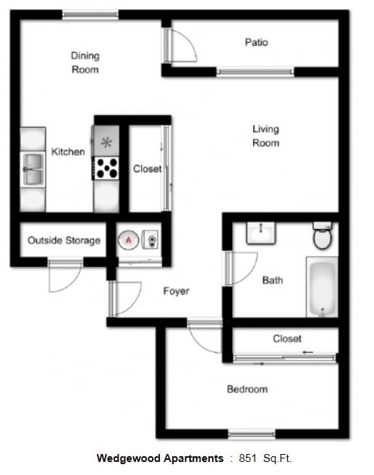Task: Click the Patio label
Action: pyautogui.click(x=256, y=43)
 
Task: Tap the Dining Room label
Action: pyautogui.click(x=85, y=62)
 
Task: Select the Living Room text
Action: pyautogui.click(x=265, y=136)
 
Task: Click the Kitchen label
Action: pyautogui.click(x=68, y=152)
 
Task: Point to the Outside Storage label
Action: pyautogui.click(x=64, y=240)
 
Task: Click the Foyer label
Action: pyautogui.click(x=176, y=291)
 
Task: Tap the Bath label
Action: pyautogui.click(x=273, y=281)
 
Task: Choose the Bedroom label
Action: pyautogui.click(x=247, y=389)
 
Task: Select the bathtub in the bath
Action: pyautogui.click(x=322, y=288)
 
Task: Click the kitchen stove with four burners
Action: pyautogui.click(x=106, y=168)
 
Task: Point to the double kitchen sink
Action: pyautogui.click(x=33, y=168)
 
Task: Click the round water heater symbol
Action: pyautogui.click(x=128, y=238)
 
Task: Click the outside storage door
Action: pyautogui.click(x=64, y=278)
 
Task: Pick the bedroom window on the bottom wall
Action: pyautogui.click(x=252, y=435)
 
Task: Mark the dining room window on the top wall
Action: pyautogui.click(x=90, y=14)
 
